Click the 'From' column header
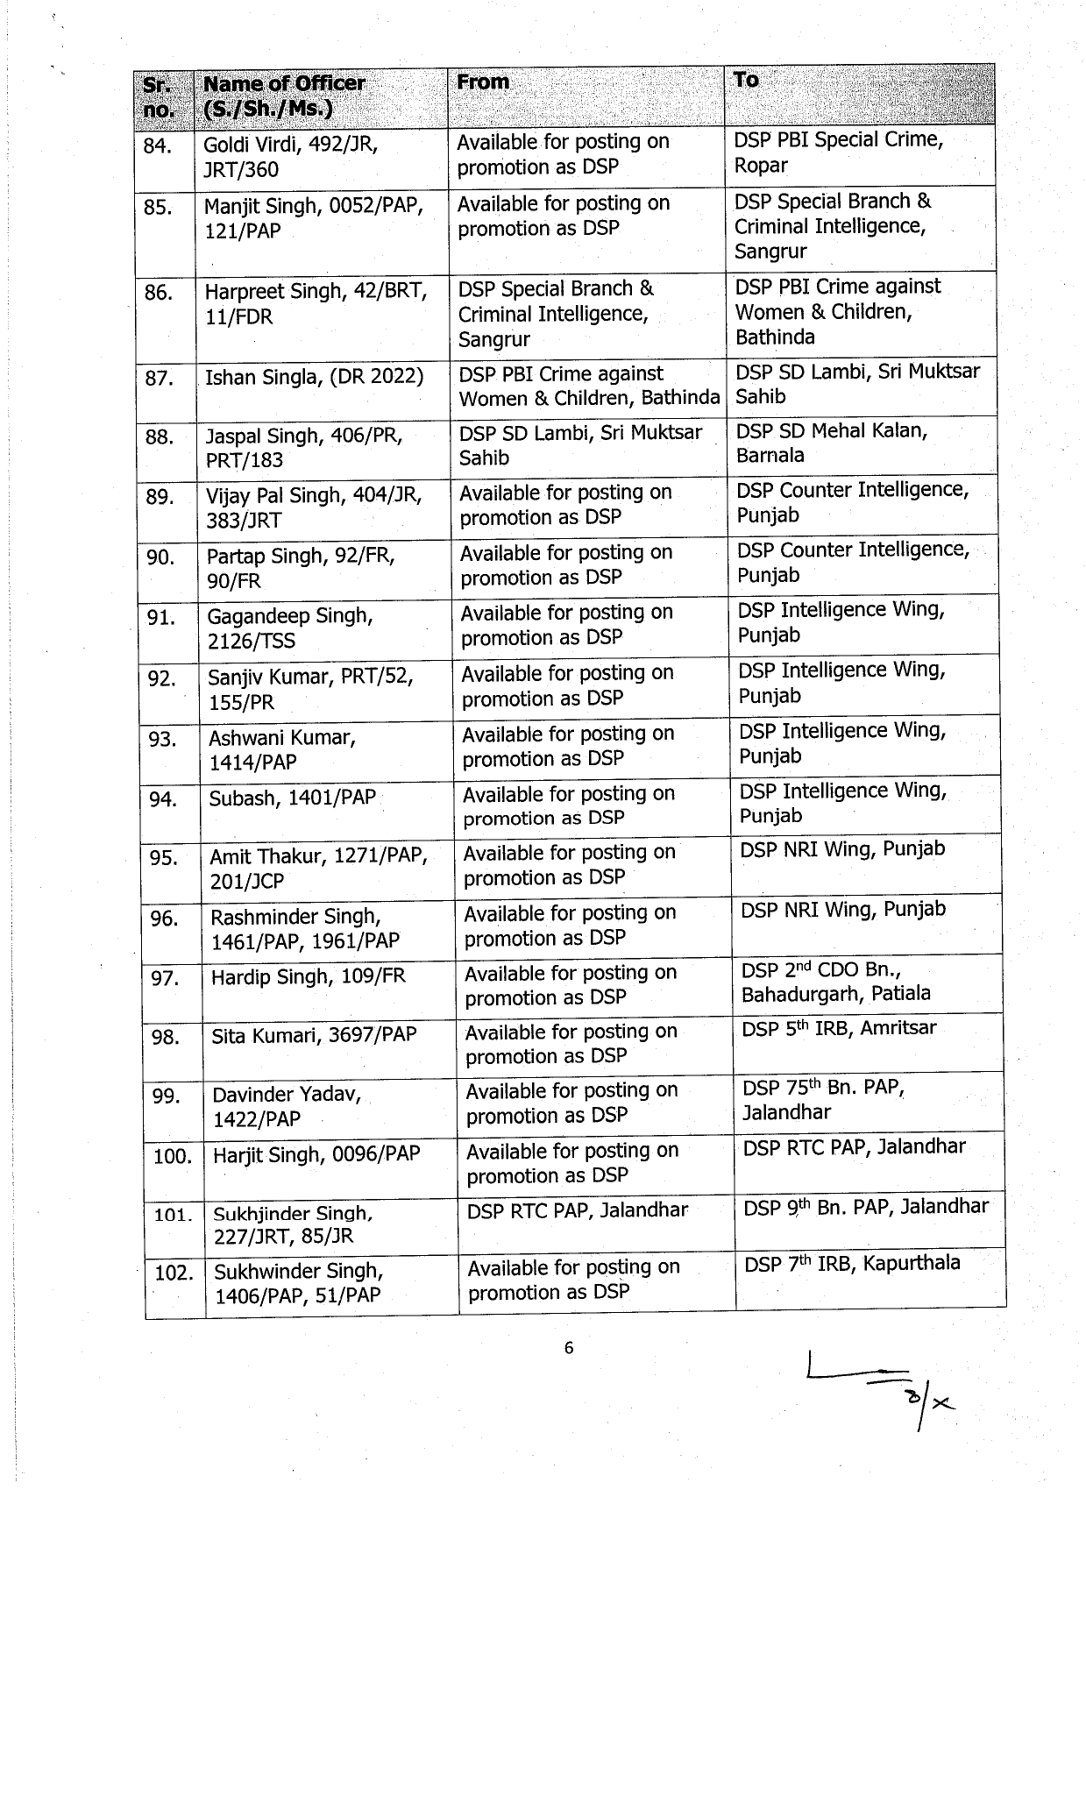point(483,83)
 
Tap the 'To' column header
point(746,81)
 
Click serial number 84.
point(158,145)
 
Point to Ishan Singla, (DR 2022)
point(314,378)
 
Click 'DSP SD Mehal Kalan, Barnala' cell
point(831,443)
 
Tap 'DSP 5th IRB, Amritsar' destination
point(839,1029)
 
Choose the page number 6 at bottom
point(569,1348)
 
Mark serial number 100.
point(172,1156)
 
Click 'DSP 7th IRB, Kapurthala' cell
point(852,1264)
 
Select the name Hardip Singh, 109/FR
point(309,976)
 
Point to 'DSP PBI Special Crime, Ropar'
point(838,153)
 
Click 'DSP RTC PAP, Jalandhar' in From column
point(578,1210)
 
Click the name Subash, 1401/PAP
point(292,798)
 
